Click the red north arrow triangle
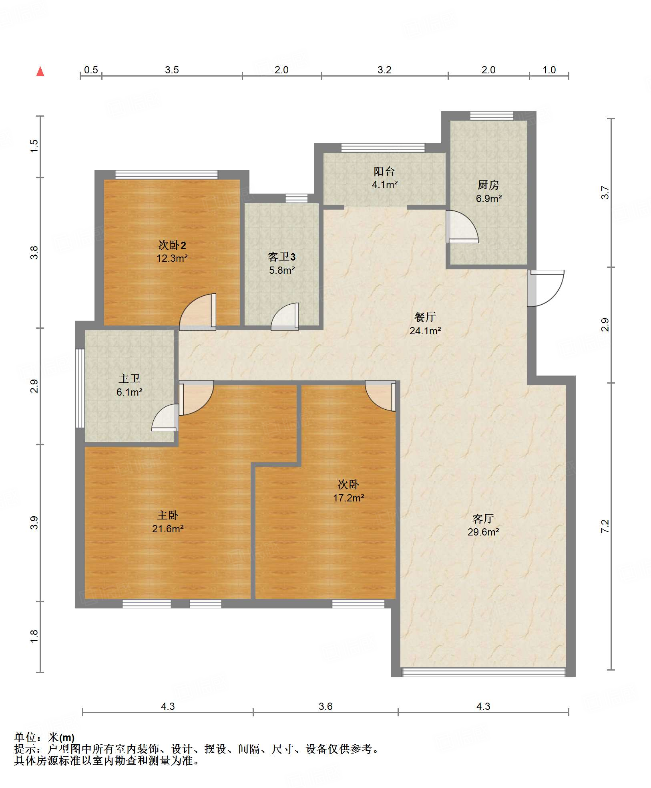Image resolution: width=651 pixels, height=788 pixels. tap(40, 71)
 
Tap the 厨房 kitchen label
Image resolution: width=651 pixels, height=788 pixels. tap(488, 185)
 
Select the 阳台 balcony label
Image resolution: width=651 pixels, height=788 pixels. tap(384, 172)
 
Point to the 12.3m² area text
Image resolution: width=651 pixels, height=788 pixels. tap(172, 258)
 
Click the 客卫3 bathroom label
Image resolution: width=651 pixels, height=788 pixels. tap(282, 257)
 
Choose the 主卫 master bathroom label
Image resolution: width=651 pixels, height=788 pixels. tap(129, 379)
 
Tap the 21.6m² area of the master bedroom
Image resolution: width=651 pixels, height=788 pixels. tap(168, 529)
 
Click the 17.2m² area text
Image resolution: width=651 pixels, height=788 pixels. tap(349, 498)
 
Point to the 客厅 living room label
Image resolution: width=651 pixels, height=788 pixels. tap(483, 519)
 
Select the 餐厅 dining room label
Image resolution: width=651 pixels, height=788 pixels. tap(425, 317)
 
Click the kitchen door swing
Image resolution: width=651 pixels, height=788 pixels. tap(462, 227)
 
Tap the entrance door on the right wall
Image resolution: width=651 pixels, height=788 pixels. tap(545, 288)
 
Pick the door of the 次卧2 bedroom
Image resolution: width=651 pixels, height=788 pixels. tap(198, 312)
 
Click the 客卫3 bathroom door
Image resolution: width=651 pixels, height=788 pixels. tap(285, 317)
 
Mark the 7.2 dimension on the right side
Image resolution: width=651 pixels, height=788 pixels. tap(605, 526)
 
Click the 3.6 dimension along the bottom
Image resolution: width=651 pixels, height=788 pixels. tap(325, 706)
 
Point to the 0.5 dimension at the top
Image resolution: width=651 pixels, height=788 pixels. tap(91, 70)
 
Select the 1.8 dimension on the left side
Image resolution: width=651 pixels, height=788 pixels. tap(34, 636)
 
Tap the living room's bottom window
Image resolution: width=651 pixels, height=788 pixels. tap(484, 672)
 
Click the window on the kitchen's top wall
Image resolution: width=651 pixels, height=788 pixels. tap(492, 116)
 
